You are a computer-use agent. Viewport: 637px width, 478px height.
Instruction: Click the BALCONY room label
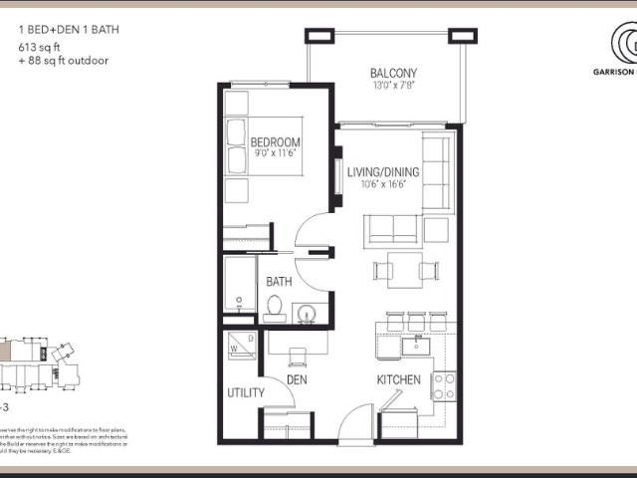tap(393, 73)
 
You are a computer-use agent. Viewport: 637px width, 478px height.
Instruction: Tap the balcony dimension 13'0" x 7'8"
tap(393, 87)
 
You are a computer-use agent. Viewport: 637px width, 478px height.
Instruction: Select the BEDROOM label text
tap(275, 142)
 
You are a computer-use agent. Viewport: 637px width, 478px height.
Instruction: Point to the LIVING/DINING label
tap(383, 172)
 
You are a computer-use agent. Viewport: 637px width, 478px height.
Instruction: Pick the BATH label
tap(279, 282)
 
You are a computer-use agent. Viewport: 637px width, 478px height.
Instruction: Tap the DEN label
tap(297, 379)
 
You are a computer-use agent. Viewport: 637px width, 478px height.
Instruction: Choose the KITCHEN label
tap(398, 379)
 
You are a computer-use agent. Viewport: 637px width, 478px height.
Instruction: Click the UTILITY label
tap(246, 392)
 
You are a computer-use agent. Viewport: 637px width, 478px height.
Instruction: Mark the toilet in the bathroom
tap(275, 309)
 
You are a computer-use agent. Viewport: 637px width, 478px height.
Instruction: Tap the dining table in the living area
tap(404, 269)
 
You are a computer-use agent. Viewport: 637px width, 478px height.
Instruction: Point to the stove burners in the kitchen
tap(443, 385)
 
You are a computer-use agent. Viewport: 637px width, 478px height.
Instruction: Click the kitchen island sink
tap(414, 346)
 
